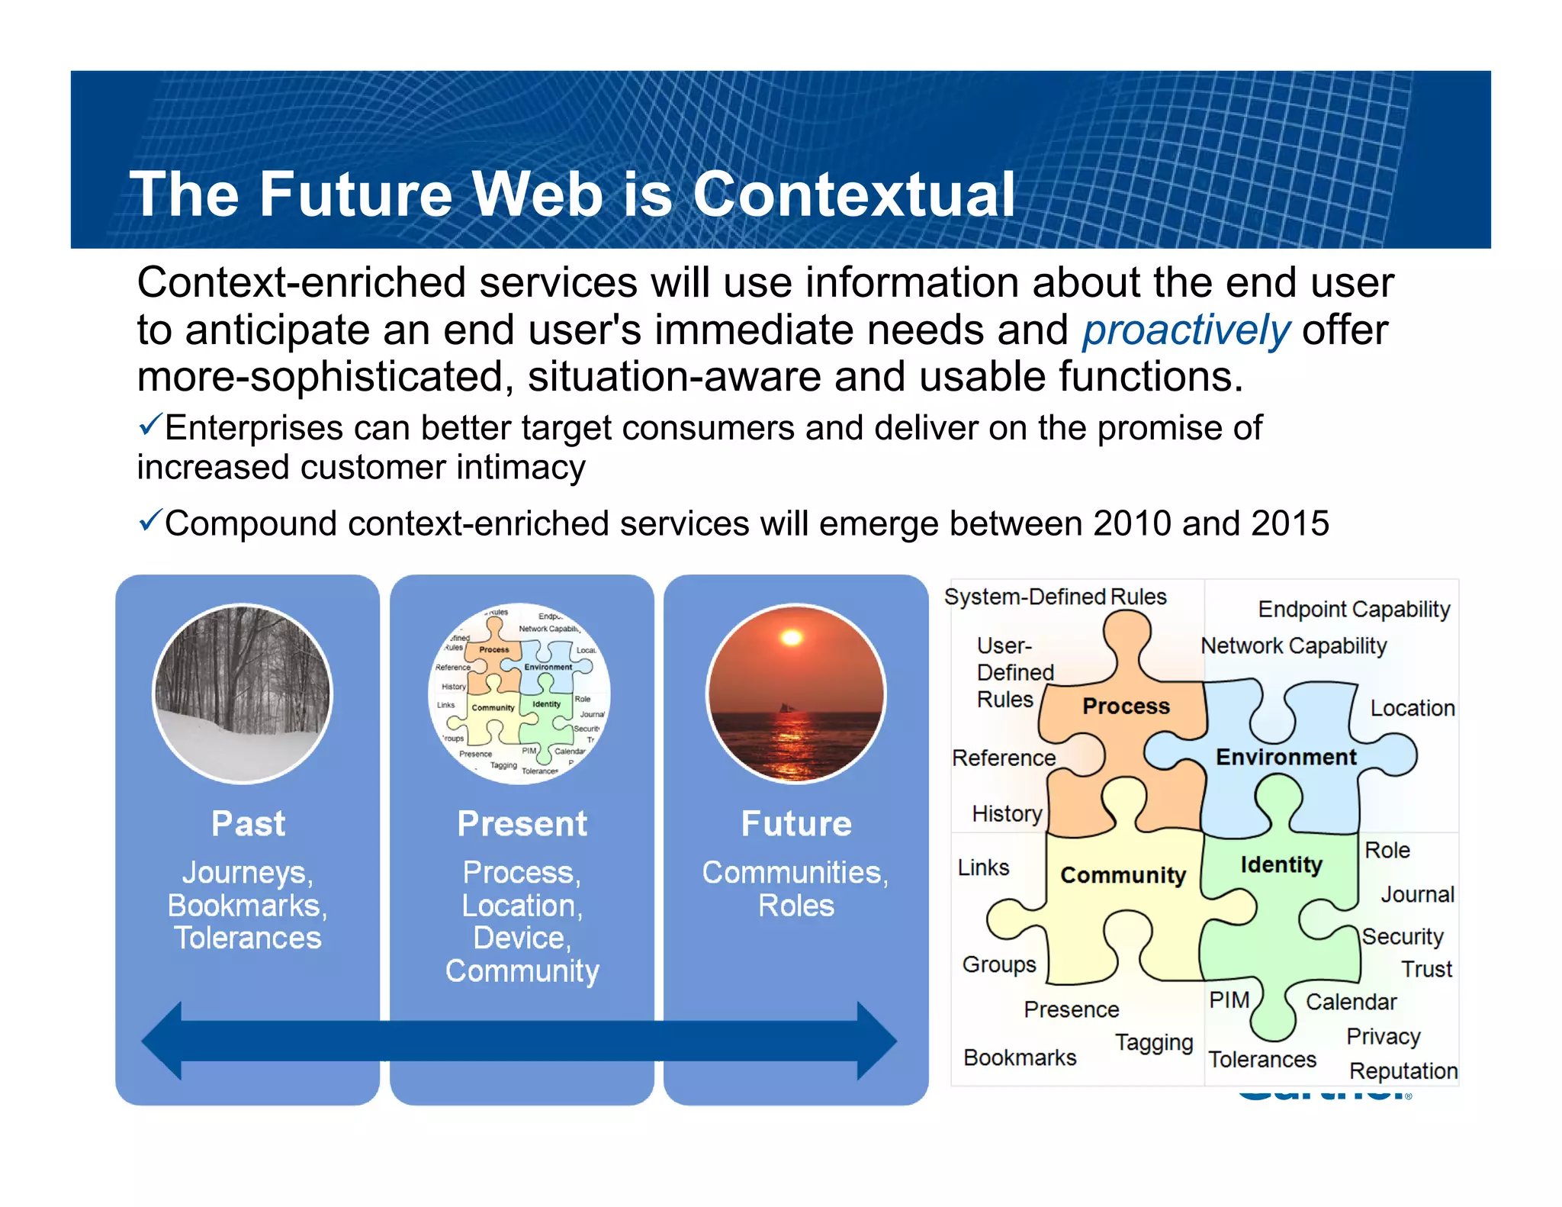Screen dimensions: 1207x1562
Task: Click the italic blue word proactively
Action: click(x=1186, y=330)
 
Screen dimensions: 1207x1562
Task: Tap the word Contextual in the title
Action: click(x=853, y=195)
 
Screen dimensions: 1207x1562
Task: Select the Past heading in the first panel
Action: click(x=248, y=824)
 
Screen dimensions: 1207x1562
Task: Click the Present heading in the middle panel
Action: click(x=522, y=824)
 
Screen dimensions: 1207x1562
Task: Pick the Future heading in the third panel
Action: click(x=796, y=824)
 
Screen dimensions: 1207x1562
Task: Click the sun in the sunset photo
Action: click(x=792, y=637)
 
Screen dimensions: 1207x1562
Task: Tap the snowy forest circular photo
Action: click(x=243, y=693)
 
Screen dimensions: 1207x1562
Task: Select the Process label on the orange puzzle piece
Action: click(x=1126, y=706)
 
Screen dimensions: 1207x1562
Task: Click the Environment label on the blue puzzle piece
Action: click(x=1286, y=757)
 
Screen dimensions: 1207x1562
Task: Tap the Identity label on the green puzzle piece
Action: click(x=1281, y=864)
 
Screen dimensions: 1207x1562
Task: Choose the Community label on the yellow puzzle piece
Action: click(x=1123, y=875)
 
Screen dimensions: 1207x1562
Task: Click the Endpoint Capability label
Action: click(x=1354, y=609)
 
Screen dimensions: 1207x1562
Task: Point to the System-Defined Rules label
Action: click(x=1055, y=597)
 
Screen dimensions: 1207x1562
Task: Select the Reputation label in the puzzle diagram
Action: click(x=1403, y=1070)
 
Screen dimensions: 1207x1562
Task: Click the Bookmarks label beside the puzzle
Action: click(x=1020, y=1057)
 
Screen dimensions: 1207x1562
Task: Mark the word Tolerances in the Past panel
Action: click(x=248, y=938)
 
